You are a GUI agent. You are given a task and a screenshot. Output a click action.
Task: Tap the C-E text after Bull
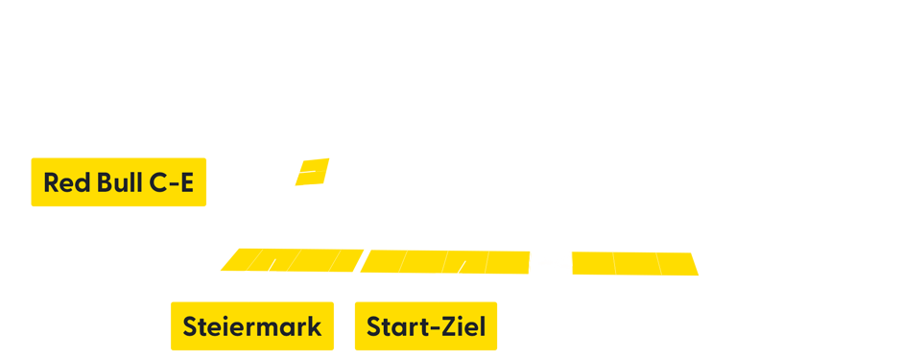[172, 182]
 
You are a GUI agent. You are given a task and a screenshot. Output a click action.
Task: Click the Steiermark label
[251, 326]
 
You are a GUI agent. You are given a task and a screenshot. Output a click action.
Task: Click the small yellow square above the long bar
[312, 172]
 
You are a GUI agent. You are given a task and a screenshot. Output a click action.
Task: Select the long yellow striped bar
[459, 262]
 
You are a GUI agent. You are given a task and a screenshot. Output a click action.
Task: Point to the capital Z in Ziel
[447, 326]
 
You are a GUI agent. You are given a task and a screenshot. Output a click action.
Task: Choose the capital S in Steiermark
[189, 326]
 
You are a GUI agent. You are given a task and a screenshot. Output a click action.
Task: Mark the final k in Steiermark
[315, 326]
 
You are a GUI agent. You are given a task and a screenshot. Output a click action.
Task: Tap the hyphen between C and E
[173, 184]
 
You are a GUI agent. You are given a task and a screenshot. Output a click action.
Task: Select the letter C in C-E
[157, 182]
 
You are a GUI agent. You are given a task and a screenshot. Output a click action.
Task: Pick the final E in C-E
[186, 182]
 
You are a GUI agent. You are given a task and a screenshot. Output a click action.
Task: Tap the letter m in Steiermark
[273, 328]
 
